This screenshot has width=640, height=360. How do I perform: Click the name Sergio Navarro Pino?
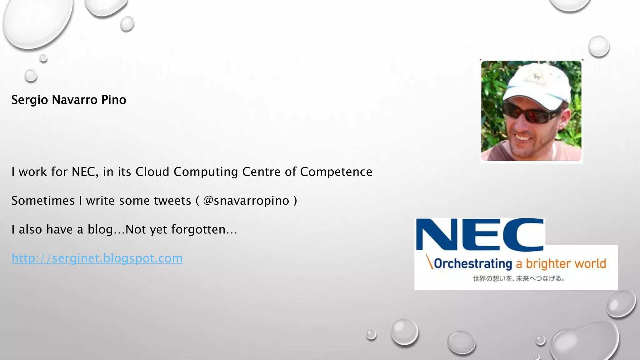(x=69, y=100)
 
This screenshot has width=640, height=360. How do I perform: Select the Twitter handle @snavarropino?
(x=246, y=201)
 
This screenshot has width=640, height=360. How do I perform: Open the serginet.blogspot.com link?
(x=97, y=258)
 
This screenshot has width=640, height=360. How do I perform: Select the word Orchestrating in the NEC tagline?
(x=473, y=263)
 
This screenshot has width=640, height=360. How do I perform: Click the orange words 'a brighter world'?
(x=561, y=263)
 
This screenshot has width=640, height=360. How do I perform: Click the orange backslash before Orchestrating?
(x=430, y=262)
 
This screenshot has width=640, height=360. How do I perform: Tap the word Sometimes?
(x=43, y=201)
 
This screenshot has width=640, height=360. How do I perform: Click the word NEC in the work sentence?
(x=83, y=172)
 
